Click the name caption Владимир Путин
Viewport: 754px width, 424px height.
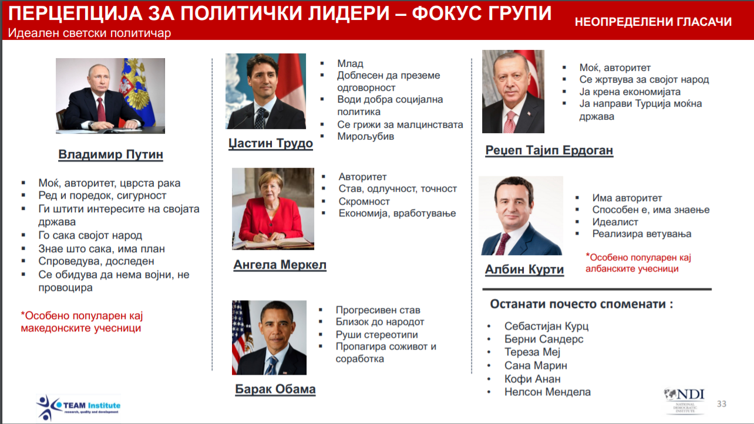pyautogui.click(x=111, y=154)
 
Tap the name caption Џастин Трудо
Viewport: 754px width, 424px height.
pyautogui.click(x=271, y=143)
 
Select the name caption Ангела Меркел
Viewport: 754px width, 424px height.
pyautogui.click(x=280, y=264)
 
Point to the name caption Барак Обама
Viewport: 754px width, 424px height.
pyautogui.click(x=275, y=389)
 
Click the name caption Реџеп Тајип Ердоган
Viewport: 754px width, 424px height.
pyautogui.click(x=549, y=150)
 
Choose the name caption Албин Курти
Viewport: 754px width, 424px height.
pyautogui.click(x=524, y=269)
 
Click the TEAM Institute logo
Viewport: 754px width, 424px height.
pyautogui.click(x=79, y=408)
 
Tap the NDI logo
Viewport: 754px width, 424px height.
pyautogui.click(x=684, y=401)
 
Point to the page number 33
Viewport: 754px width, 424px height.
pyautogui.click(x=722, y=404)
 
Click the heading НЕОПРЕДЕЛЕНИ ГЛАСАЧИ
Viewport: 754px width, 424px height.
pyautogui.click(x=653, y=22)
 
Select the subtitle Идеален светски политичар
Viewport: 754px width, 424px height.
pyautogui.click(x=89, y=33)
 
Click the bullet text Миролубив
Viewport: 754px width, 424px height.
pyautogui.click(x=366, y=137)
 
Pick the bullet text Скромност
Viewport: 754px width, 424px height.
pyautogui.click(x=364, y=201)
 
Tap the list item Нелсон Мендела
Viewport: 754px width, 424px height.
pyautogui.click(x=547, y=392)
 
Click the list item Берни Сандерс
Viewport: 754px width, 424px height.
pyautogui.click(x=544, y=340)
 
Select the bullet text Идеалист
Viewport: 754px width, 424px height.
pyautogui.click(x=615, y=222)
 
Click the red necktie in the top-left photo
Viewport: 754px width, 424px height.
pyautogui.click(x=101, y=109)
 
